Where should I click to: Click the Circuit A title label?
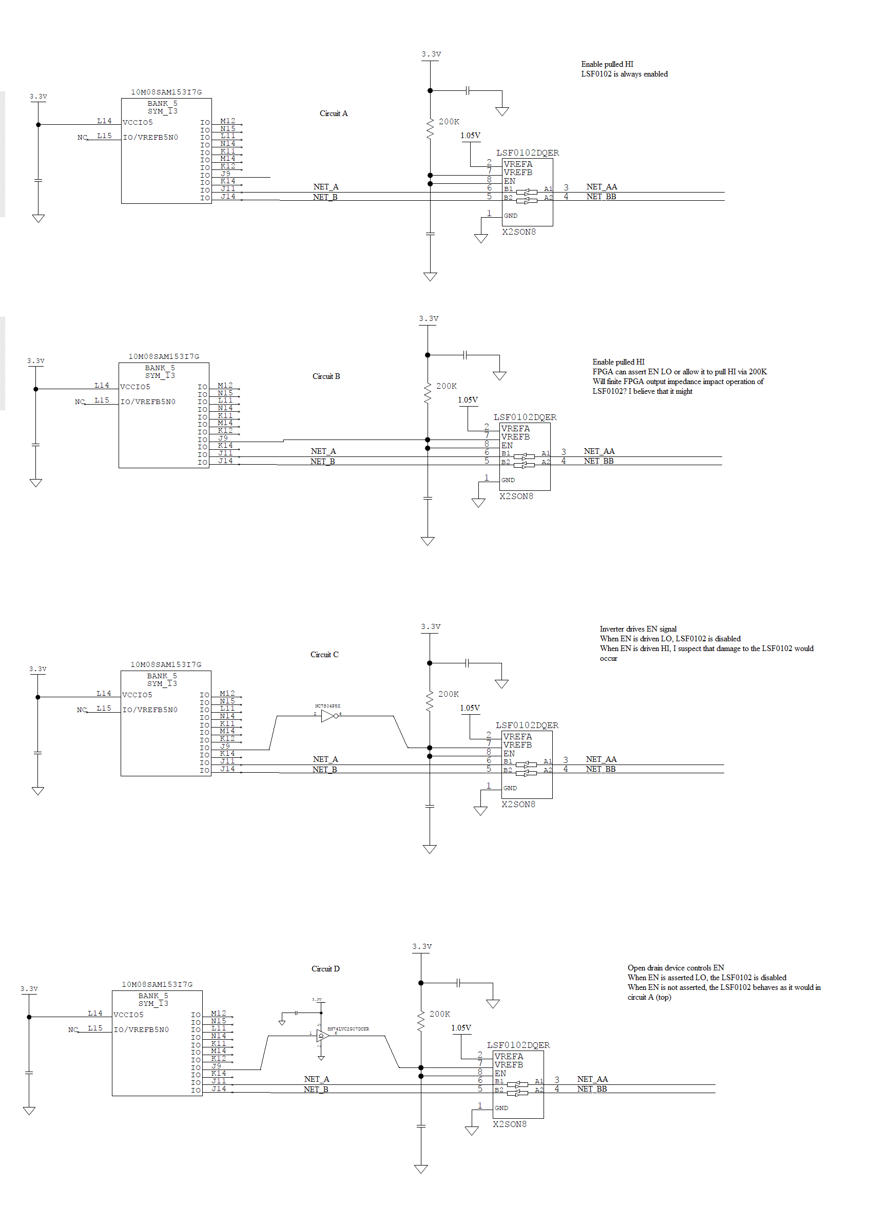[x=333, y=113]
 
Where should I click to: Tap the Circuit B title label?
[x=326, y=376]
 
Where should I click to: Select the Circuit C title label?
[x=324, y=655]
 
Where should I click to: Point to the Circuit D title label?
[x=325, y=968]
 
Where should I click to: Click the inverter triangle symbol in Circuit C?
[x=328, y=716]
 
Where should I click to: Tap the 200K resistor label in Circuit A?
[x=449, y=122]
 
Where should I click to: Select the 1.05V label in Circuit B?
[x=468, y=400]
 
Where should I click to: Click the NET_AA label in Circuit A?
[x=602, y=187]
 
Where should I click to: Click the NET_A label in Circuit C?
[x=325, y=759]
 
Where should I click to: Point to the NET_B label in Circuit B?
[x=322, y=461]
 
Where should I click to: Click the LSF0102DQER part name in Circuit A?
[x=528, y=152]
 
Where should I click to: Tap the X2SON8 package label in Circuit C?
[x=518, y=804]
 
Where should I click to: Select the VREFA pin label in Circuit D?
[x=509, y=1056]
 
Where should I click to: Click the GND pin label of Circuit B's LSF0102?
[x=508, y=480]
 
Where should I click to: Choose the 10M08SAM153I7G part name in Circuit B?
[x=163, y=357]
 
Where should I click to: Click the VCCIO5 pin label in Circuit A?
[x=138, y=123]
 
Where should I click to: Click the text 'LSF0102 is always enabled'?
[x=624, y=74]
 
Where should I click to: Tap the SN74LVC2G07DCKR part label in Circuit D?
[x=348, y=1029]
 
